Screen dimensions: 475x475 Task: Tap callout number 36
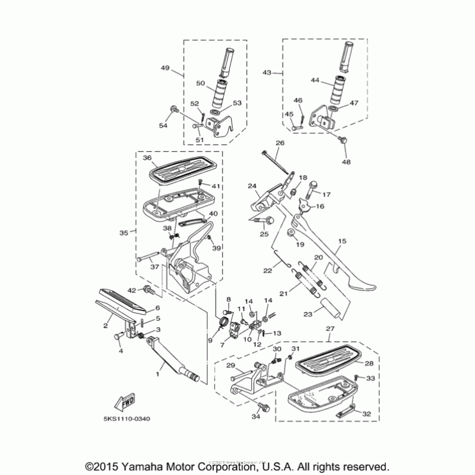point(147,158)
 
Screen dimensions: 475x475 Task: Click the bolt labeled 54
point(174,109)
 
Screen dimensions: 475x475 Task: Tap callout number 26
point(280,143)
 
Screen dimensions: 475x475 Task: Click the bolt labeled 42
point(149,290)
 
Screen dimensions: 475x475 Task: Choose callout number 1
point(157,374)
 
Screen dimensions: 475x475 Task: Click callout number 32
point(366,414)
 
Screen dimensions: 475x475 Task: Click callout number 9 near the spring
point(210,340)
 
